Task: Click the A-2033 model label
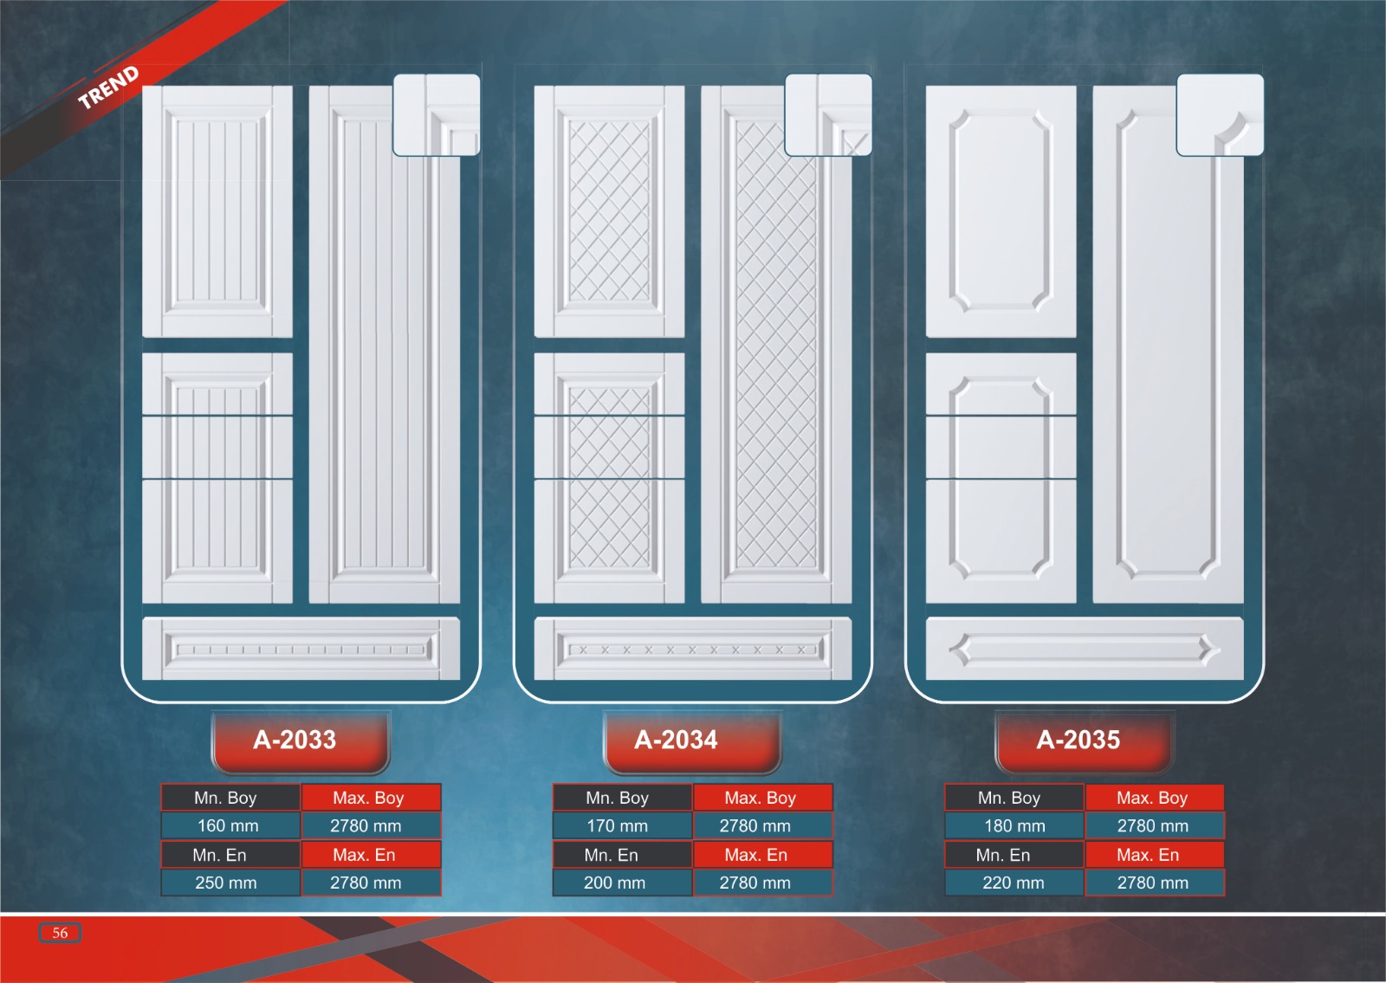pos(295,740)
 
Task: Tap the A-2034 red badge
pos(677,740)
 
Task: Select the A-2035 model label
pos(1078,740)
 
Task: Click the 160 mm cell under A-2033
pos(229,826)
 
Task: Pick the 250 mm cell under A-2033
pos(226,883)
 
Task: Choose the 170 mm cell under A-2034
pos(618,826)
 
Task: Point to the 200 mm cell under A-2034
pos(615,883)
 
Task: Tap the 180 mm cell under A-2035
pos(1015,826)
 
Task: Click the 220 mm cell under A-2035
pos(1014,883)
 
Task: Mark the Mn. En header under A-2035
pos(1003,856)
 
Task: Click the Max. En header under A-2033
pos(364,856)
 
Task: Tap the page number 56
pos(60,933)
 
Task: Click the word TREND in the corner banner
pos(108,87)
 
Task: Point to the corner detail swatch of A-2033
pos(437,115)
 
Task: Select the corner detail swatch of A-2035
pos(1220,115)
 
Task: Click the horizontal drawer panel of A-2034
pos(693,649)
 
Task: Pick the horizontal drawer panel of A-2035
pos(1085,649)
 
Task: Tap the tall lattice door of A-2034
pos(776,364)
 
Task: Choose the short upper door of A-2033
pos(217,211)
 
